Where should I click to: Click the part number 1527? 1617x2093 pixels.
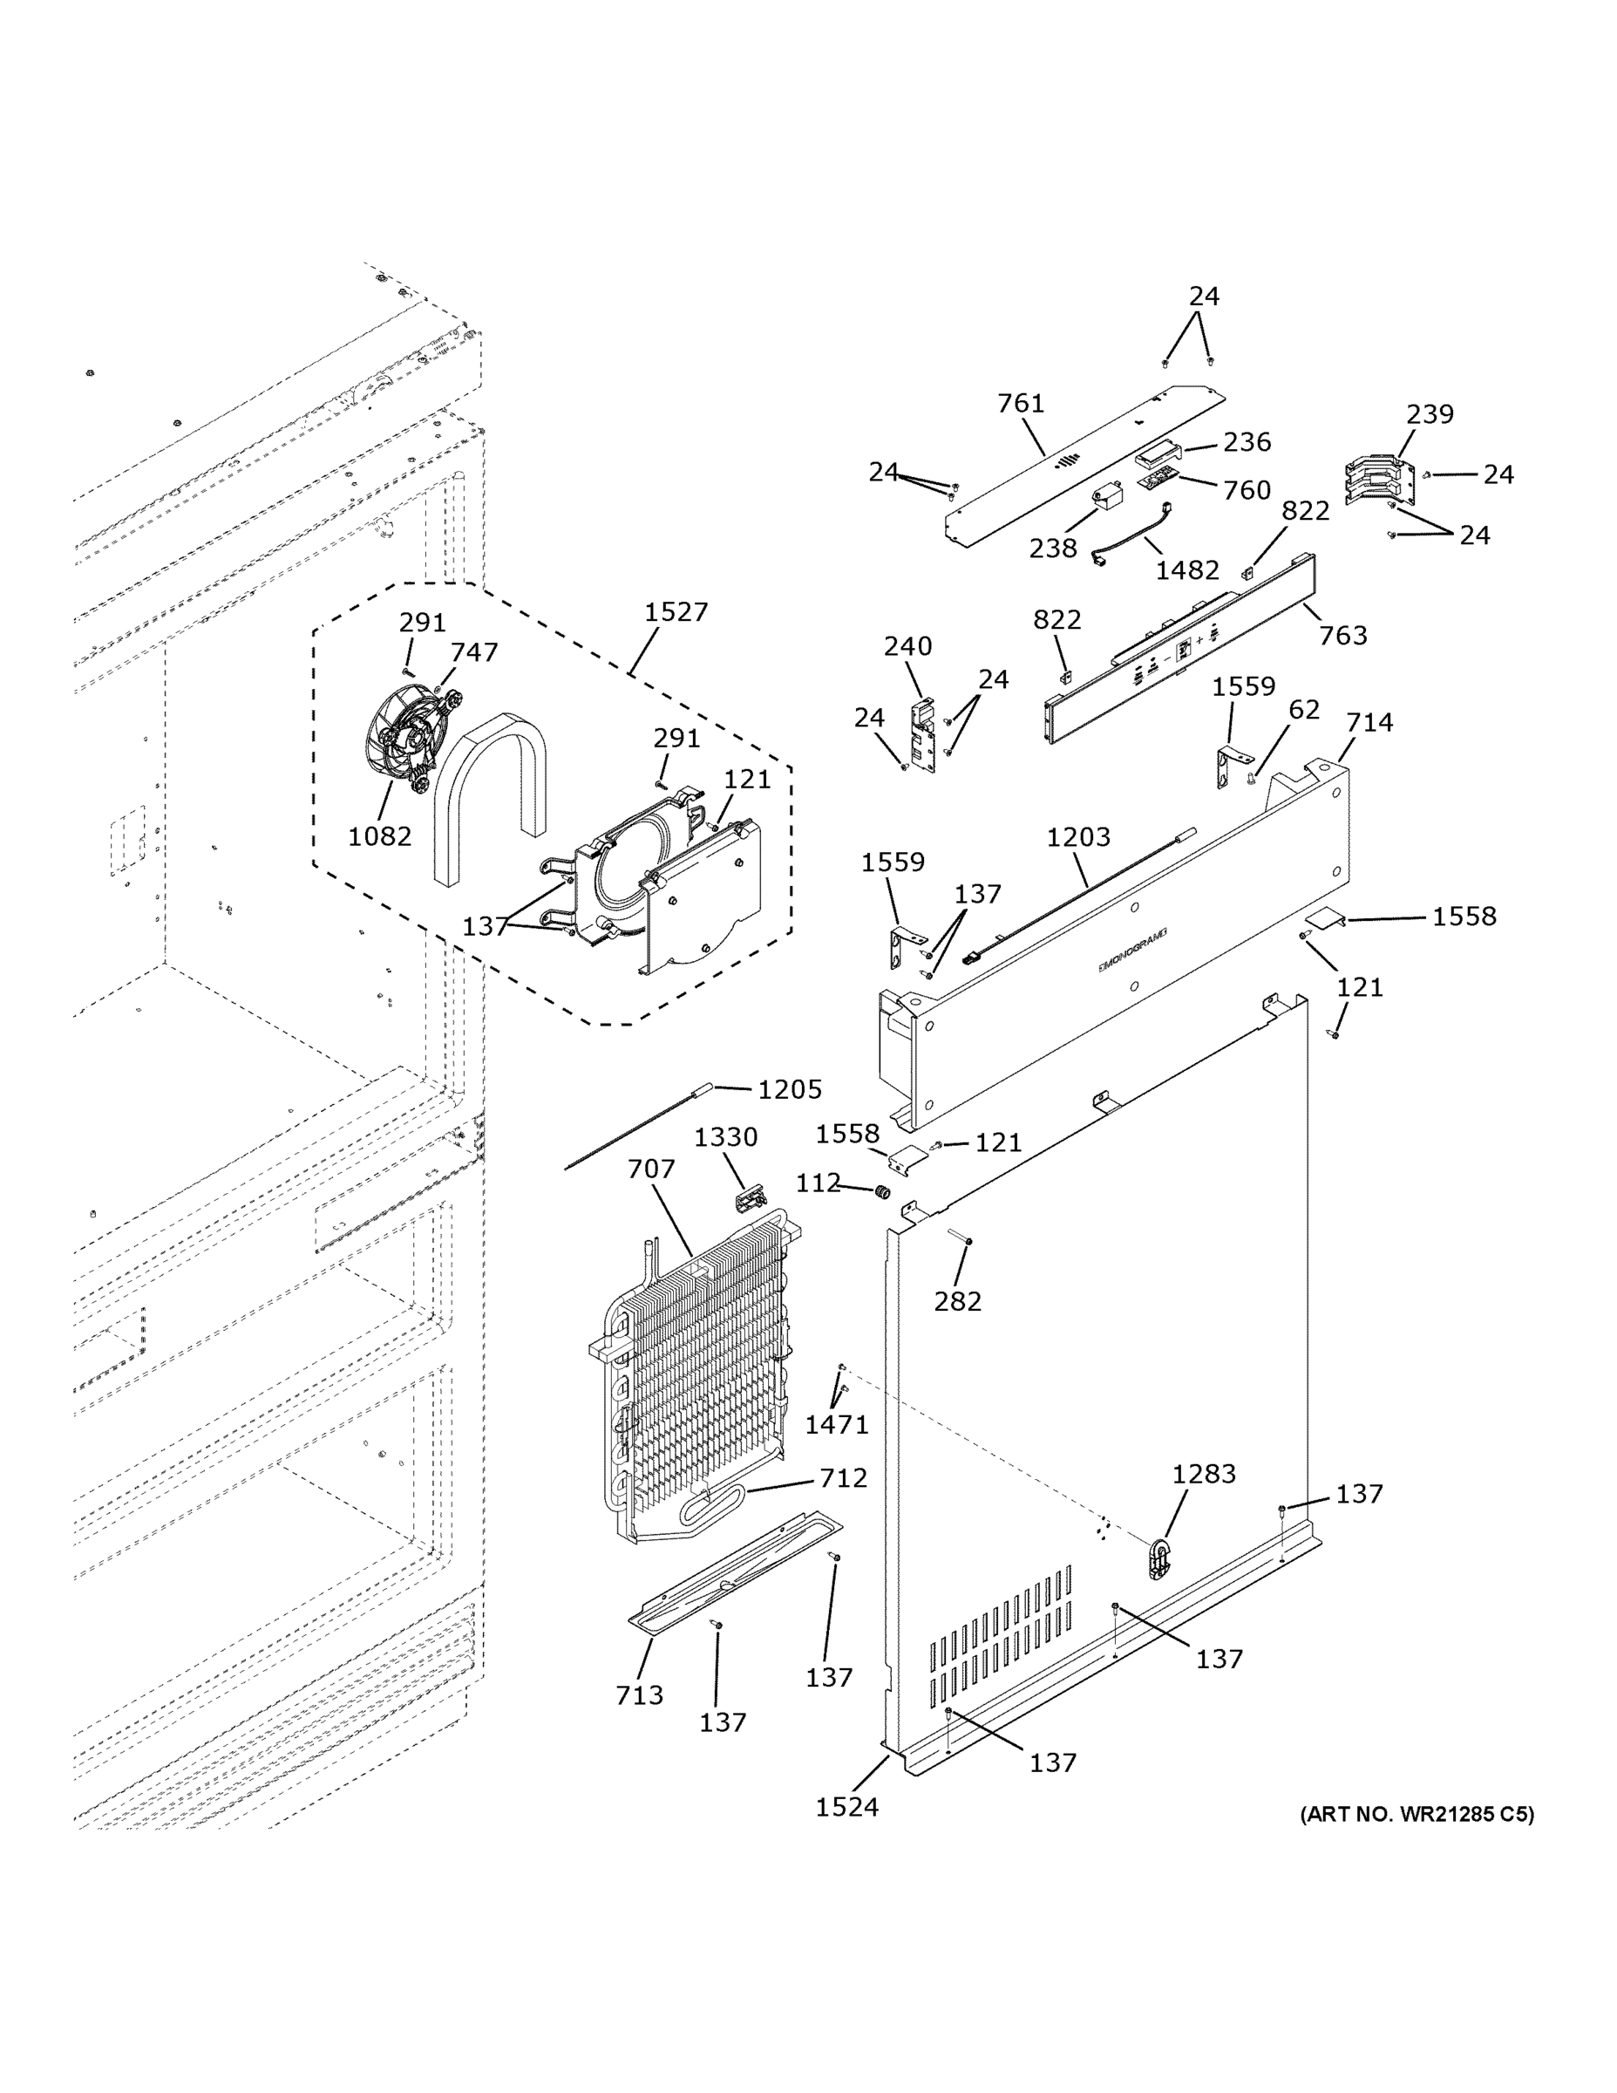676,611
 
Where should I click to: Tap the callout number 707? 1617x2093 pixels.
651,1169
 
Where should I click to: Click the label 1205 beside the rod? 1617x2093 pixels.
790,1088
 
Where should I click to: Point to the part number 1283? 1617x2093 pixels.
1203,1473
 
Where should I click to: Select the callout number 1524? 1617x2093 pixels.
846,1806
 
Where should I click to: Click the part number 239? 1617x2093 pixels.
1430,414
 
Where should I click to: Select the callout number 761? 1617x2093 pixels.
1020,404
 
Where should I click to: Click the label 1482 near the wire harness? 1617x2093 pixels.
1187,570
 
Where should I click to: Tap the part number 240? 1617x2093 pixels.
907,646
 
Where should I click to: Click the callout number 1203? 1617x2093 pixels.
1077,836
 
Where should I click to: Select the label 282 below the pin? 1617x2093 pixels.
957,1300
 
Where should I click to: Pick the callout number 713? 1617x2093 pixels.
639,1695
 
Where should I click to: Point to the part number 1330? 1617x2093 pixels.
725,1136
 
